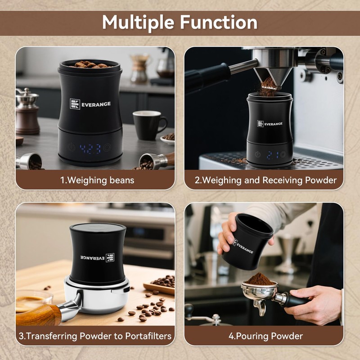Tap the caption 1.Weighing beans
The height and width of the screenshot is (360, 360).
(x=97, y=180)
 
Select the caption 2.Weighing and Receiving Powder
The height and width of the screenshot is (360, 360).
(x=265, y=180)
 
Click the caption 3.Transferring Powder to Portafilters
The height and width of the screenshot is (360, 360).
(x=95, y=336)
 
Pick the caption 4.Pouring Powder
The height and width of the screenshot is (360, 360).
(x=265, y=336)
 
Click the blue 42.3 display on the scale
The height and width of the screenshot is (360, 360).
(x=90, y=148)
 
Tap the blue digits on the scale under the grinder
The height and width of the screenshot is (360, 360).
(x=270, y=154)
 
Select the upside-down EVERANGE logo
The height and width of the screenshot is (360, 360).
(x=97, y=258)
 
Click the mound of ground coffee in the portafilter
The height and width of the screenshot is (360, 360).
(x=259, y=279)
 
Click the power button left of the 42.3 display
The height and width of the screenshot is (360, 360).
(x=71, y=147)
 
